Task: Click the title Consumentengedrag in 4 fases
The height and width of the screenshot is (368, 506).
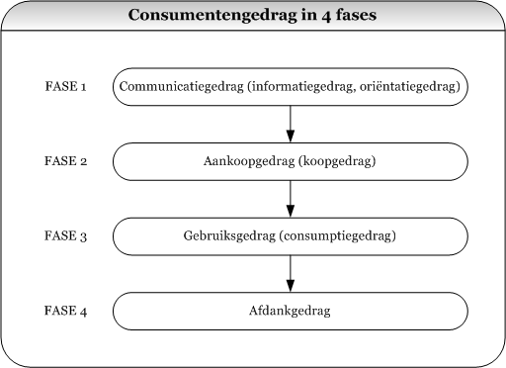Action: pos(252,16)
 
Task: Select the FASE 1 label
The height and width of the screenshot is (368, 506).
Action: pos(66,87)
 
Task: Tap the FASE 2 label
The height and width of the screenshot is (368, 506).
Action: pos(66,162)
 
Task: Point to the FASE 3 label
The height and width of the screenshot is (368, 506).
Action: pos(66,237)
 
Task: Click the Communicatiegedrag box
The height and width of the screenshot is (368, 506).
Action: pos(291,87)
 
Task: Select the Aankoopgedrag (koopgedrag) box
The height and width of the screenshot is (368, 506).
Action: pos(291,162)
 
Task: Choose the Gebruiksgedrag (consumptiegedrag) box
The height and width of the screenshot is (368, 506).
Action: pos(291,237)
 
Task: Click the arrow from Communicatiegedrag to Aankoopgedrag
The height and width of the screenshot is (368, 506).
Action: pos(291,124)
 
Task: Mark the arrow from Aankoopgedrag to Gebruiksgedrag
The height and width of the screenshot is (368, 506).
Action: pos(291,199)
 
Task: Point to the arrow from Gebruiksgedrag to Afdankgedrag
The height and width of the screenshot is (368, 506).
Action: pos(291,274)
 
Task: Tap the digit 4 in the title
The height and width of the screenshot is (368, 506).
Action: pos(317,16)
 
